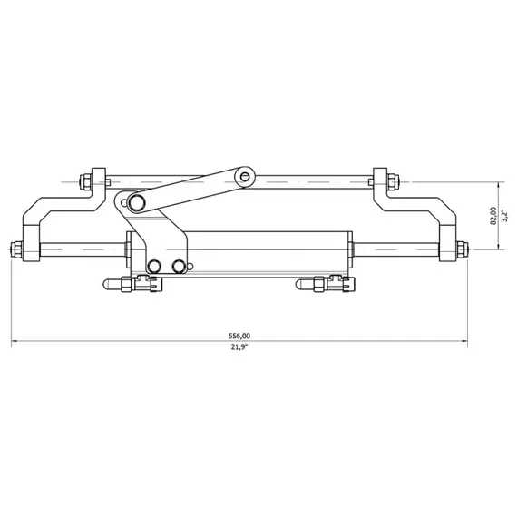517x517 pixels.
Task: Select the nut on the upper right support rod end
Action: [380, 180]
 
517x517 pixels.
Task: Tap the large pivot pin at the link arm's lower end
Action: [135, 200]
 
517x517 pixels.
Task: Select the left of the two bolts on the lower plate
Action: [155, 265]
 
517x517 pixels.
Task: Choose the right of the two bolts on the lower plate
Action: [179, 265]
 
